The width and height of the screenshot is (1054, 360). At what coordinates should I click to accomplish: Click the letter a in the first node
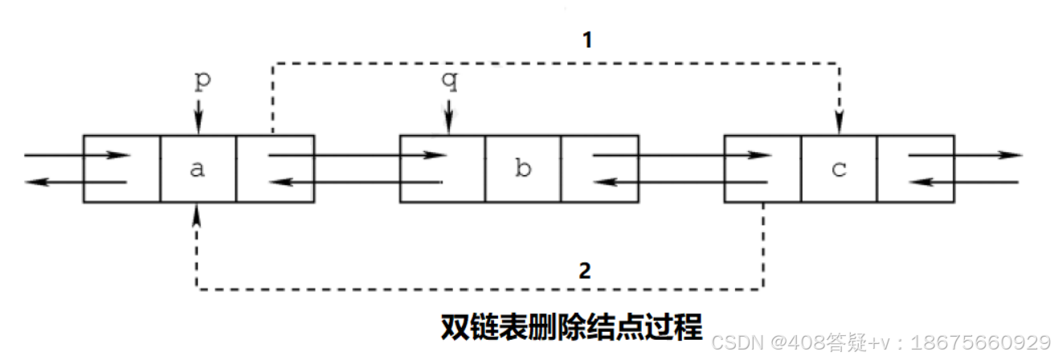[x=198, y=170]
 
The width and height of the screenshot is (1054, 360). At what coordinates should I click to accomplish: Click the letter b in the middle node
[x=523, y=170]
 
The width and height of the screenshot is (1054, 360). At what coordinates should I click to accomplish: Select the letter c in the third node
[x=839, y=170]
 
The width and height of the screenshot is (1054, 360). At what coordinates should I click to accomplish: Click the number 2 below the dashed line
[x=585, y=270]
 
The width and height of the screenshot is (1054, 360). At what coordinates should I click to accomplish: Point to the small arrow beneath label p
[x=198, y=121]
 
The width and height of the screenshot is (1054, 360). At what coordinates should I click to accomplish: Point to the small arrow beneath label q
[x=447, y=121]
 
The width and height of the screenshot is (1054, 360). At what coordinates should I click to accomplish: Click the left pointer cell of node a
[x=122, y=169]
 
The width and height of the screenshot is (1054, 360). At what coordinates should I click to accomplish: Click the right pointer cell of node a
[x=275, y=169]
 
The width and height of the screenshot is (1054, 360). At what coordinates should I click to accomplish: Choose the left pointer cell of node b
[x=443, y=169]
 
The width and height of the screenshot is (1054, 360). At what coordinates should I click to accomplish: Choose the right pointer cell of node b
[x=599, y=169]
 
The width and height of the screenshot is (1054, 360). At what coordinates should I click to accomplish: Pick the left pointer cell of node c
[x=762, y=169]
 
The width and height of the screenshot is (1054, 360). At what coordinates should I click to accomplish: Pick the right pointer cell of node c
[x=916, y=169]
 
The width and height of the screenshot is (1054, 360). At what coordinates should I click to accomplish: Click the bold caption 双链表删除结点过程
[x=571, y=327]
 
